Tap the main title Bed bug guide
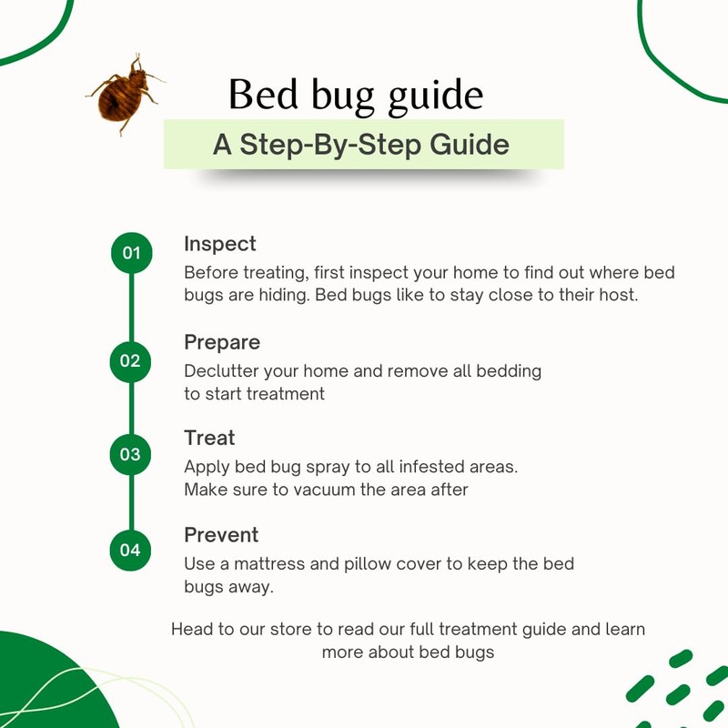[x=355, y=96]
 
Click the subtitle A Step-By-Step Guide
[x=361, y=144]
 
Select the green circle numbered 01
[x=132, y=253]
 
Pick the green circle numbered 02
[x=131, y=361]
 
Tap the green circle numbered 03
[x=131, y=454]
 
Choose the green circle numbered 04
[x=131, y=550]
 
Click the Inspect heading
[x=220, y=244]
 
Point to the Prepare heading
[x=222, y=342]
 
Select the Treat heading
[x=209, y=438]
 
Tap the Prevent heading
[x=221, y=534]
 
